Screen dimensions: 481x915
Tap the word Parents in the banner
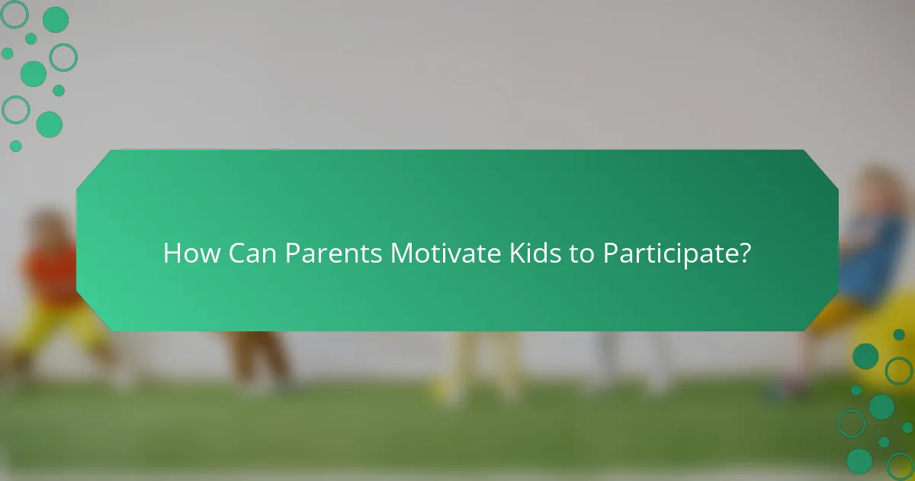pos(334,253)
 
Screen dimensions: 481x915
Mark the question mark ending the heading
pos(744,253)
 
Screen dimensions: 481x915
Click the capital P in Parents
pos(293,253)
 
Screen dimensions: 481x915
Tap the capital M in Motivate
pos(401,253)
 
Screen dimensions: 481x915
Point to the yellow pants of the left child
pos(53,328)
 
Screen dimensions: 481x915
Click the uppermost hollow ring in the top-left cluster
pos(14,14)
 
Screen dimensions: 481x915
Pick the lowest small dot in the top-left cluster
pos(15,146)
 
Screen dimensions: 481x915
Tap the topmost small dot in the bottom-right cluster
pos(899,334)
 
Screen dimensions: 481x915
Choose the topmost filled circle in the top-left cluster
pos(55,20)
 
